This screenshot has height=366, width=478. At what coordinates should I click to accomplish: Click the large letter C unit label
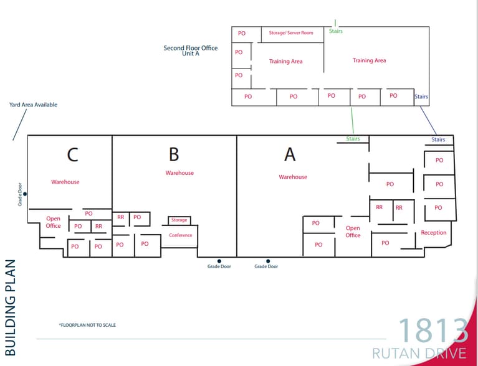[73, 155]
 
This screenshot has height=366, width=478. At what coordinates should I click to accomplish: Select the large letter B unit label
[174, 154]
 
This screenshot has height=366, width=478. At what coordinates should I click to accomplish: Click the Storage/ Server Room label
[291, 32]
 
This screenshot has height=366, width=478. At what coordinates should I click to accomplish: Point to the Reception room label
[434, 233]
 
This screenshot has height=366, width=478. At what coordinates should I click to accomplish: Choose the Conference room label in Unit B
[181, 235]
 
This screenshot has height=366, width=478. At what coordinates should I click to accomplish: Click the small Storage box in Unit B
[179, 220]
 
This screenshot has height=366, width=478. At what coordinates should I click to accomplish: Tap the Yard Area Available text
[33, 105]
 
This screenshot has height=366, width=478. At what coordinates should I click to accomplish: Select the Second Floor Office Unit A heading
[191, 51]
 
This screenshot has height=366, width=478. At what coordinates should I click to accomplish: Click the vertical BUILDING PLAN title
[11, 307]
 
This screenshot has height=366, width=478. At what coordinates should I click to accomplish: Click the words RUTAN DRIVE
[419, 354]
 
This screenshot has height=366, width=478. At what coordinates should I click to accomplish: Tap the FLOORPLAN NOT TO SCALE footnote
[87, 325]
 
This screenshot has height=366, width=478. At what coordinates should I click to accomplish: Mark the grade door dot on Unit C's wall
[25, 194]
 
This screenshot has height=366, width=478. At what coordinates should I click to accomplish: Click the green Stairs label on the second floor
[336, 31]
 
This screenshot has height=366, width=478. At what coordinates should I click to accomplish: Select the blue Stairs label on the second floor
[421, 97]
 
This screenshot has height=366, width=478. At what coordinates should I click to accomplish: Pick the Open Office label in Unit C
[54, 222]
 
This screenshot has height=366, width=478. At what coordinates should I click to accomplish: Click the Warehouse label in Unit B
[179, 173]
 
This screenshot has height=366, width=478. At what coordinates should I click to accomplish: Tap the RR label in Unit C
[98, 227]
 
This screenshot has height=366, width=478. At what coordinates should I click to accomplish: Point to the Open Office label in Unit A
[353, 232]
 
